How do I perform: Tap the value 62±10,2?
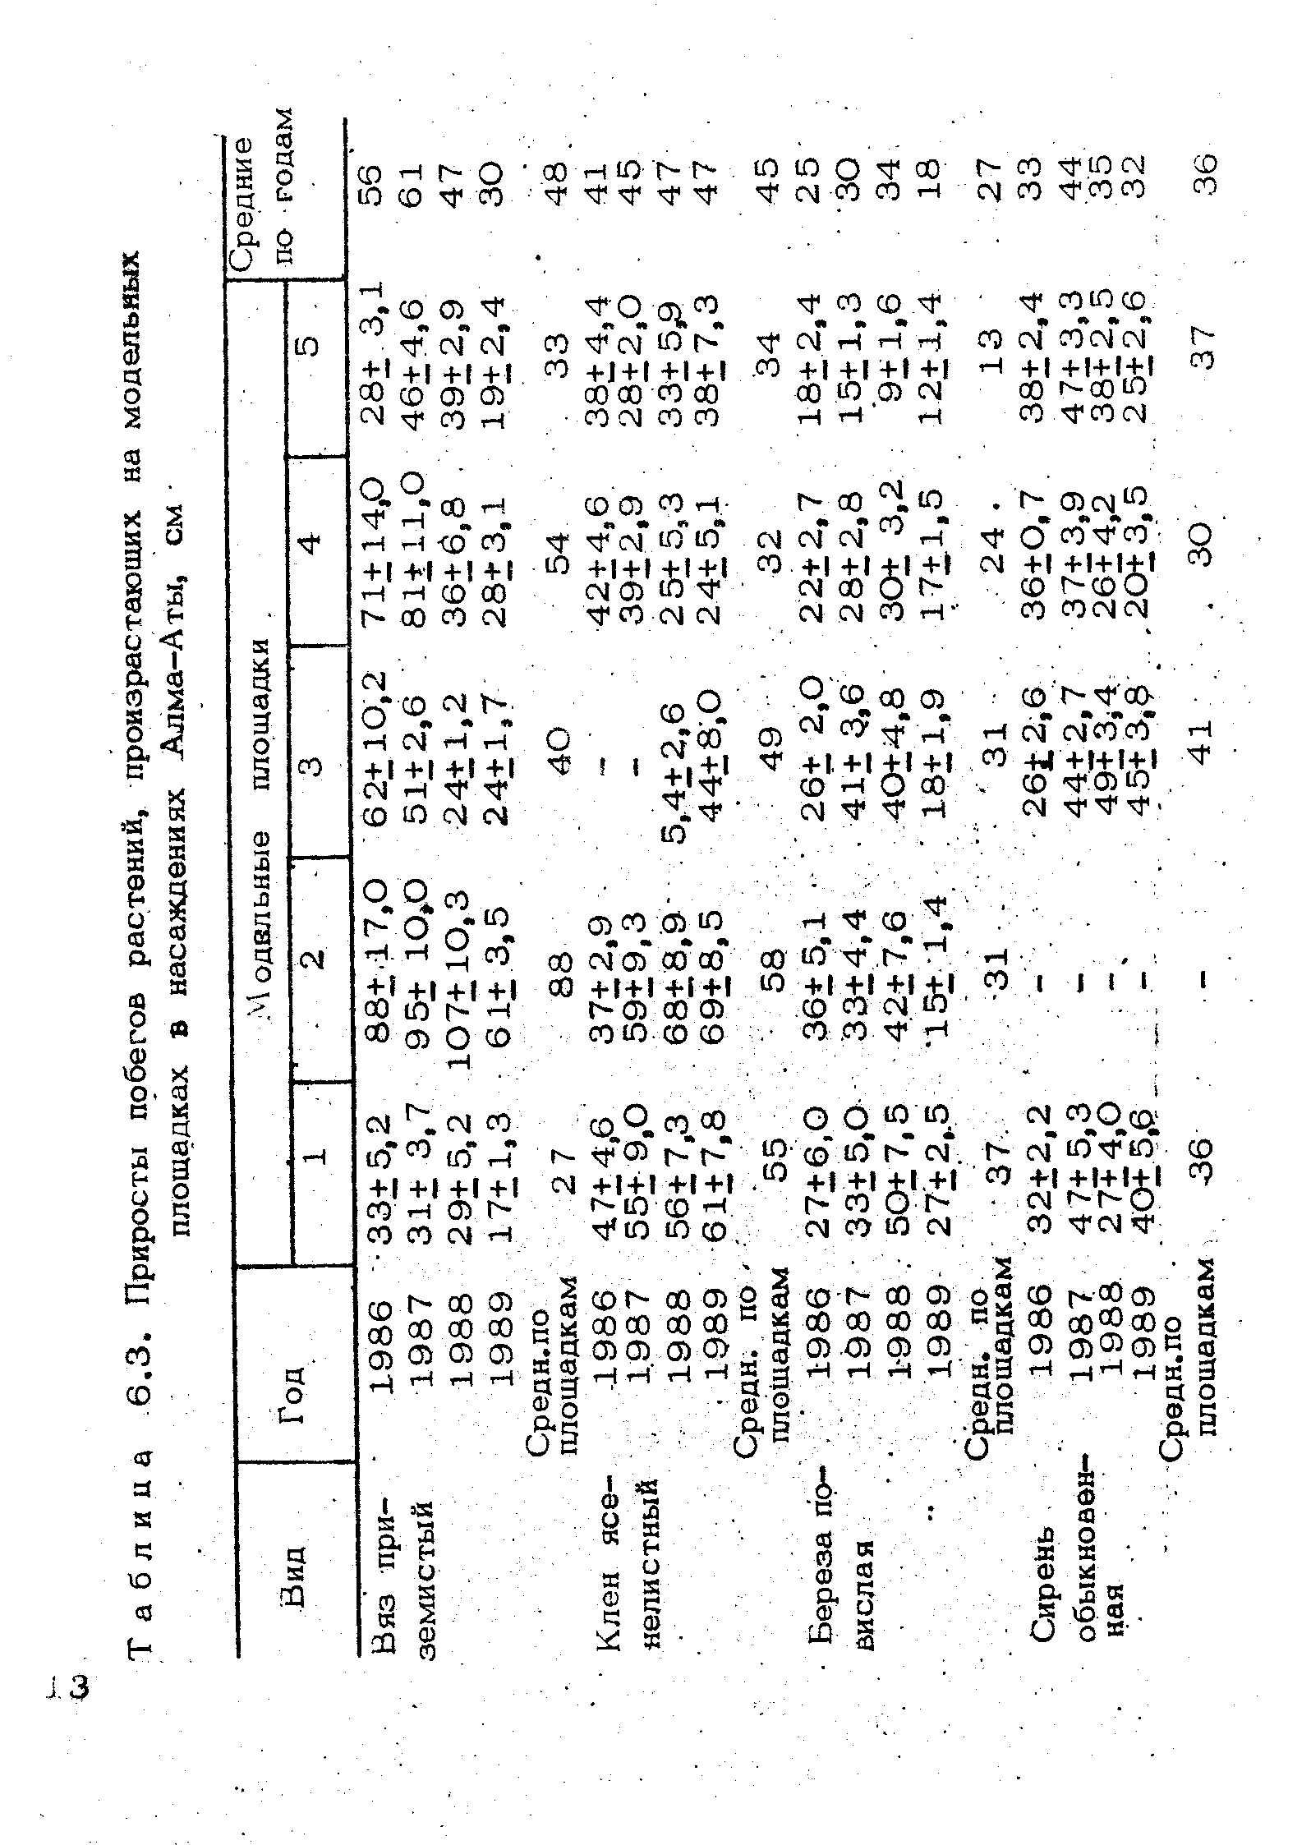[383, 756]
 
